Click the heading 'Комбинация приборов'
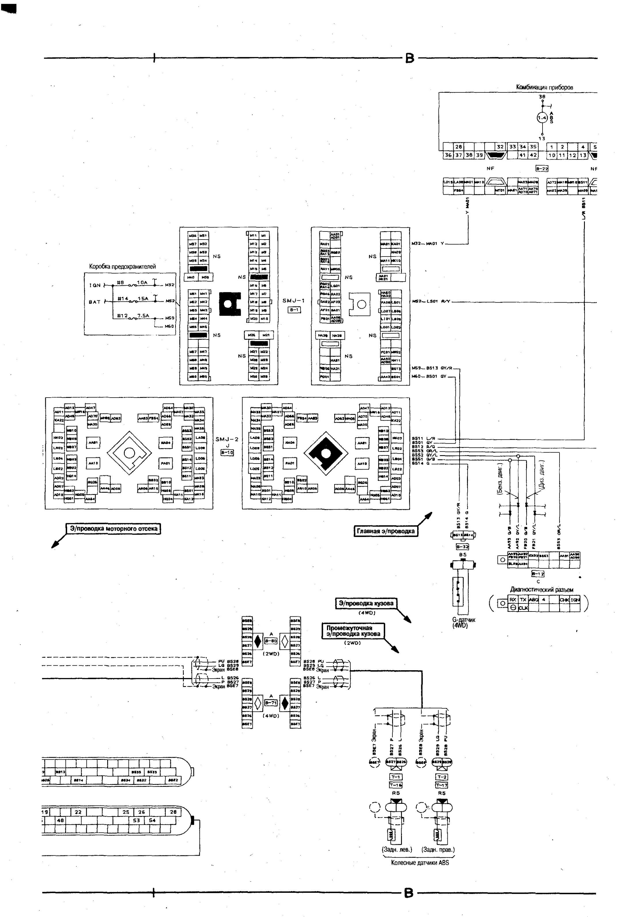[544, 88]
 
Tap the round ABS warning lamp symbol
[542, 117]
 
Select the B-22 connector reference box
[542, 169]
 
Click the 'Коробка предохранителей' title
[122, 266]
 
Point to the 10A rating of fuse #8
[142, 282]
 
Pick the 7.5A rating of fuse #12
[143, 316]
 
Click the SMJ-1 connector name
[294, 301]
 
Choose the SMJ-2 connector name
[227, 439]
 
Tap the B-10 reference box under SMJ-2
[227, 453]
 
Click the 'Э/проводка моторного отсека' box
[114, 529]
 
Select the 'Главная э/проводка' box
[385, 531]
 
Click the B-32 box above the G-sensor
[462, 547]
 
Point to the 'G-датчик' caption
[464, 620]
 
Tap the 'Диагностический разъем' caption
[542, 590]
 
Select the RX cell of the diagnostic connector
[512, 599]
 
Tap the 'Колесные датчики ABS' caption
[420, 863]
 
